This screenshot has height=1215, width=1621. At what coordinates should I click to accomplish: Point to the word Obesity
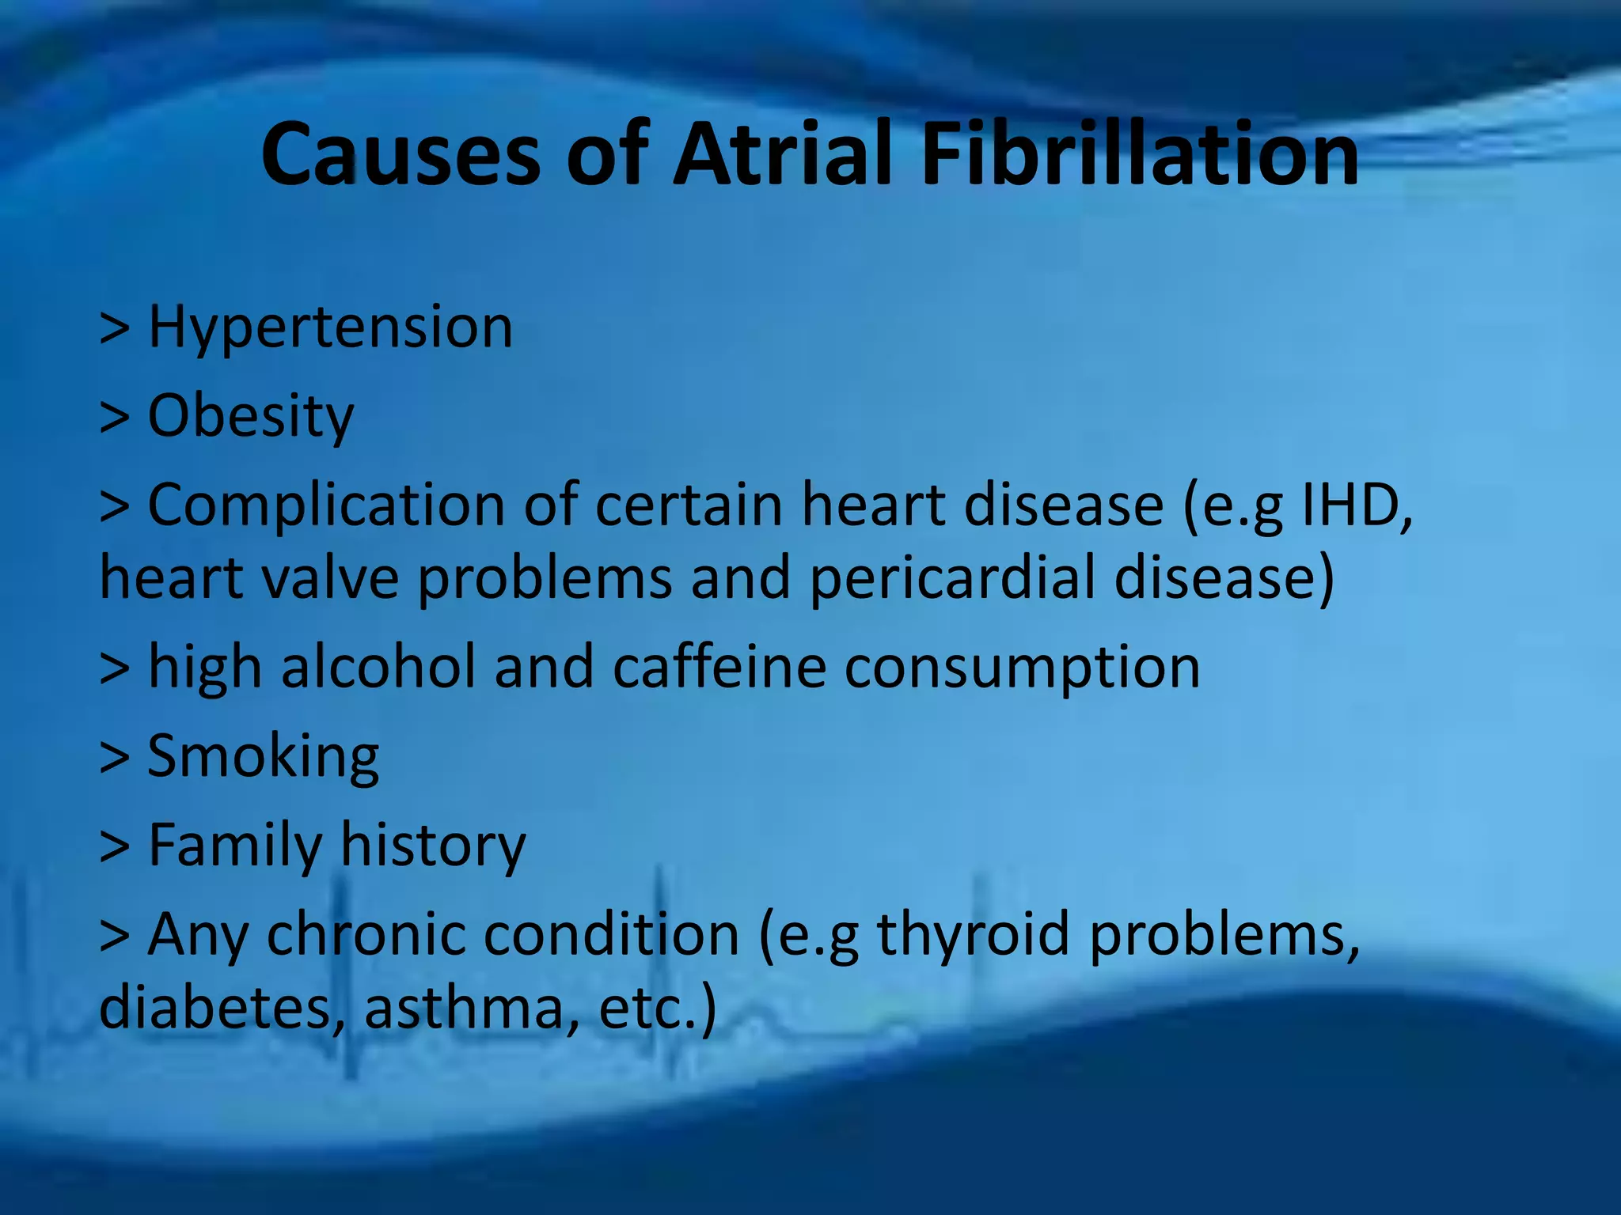(x=251, y=417)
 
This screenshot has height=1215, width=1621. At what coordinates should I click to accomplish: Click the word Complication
(x=326, y=506)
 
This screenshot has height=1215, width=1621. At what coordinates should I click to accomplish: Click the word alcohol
(x=378, y=667)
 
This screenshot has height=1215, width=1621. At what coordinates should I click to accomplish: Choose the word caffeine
(x=719, y=667)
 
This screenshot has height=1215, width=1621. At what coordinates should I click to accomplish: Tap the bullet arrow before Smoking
(x=115, y=757)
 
